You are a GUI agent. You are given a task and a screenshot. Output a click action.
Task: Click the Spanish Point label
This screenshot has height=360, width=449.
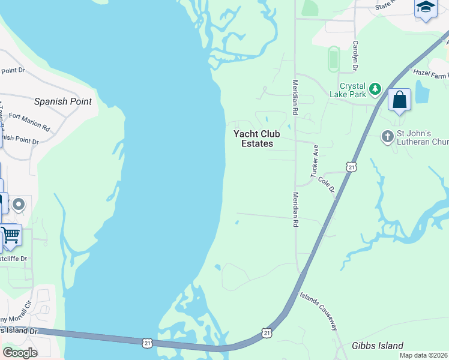point(63,101)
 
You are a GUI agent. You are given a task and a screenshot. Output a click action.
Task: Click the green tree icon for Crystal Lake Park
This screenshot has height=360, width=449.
point(375,89)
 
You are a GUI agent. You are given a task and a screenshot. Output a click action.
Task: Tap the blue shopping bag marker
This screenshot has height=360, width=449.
point(399,100)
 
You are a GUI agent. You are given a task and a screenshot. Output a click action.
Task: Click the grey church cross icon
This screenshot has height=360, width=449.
point(387,136)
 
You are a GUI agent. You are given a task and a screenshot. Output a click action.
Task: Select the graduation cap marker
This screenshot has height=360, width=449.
point(425,7)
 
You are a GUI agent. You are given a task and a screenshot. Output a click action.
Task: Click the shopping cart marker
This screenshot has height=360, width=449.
point(10,235)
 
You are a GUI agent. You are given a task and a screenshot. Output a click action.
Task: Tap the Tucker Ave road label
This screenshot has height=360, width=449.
point(313,161)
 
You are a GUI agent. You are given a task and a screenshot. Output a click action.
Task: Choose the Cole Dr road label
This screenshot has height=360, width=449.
point(326,184)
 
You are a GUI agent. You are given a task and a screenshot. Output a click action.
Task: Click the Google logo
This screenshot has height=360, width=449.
point(20,352)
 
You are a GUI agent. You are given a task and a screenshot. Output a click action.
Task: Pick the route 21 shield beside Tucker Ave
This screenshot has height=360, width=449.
point(351,166)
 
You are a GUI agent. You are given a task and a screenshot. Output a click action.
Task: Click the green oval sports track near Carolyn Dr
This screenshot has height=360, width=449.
point(334,59)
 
